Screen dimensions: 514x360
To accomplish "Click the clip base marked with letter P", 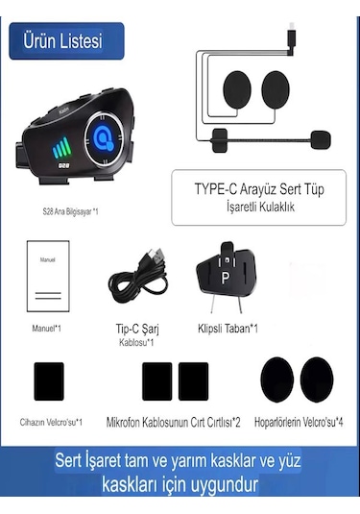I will coord(227,280).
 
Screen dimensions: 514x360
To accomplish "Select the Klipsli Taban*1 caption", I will coord(227,329).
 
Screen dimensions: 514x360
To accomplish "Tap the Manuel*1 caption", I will coord(47,329).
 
